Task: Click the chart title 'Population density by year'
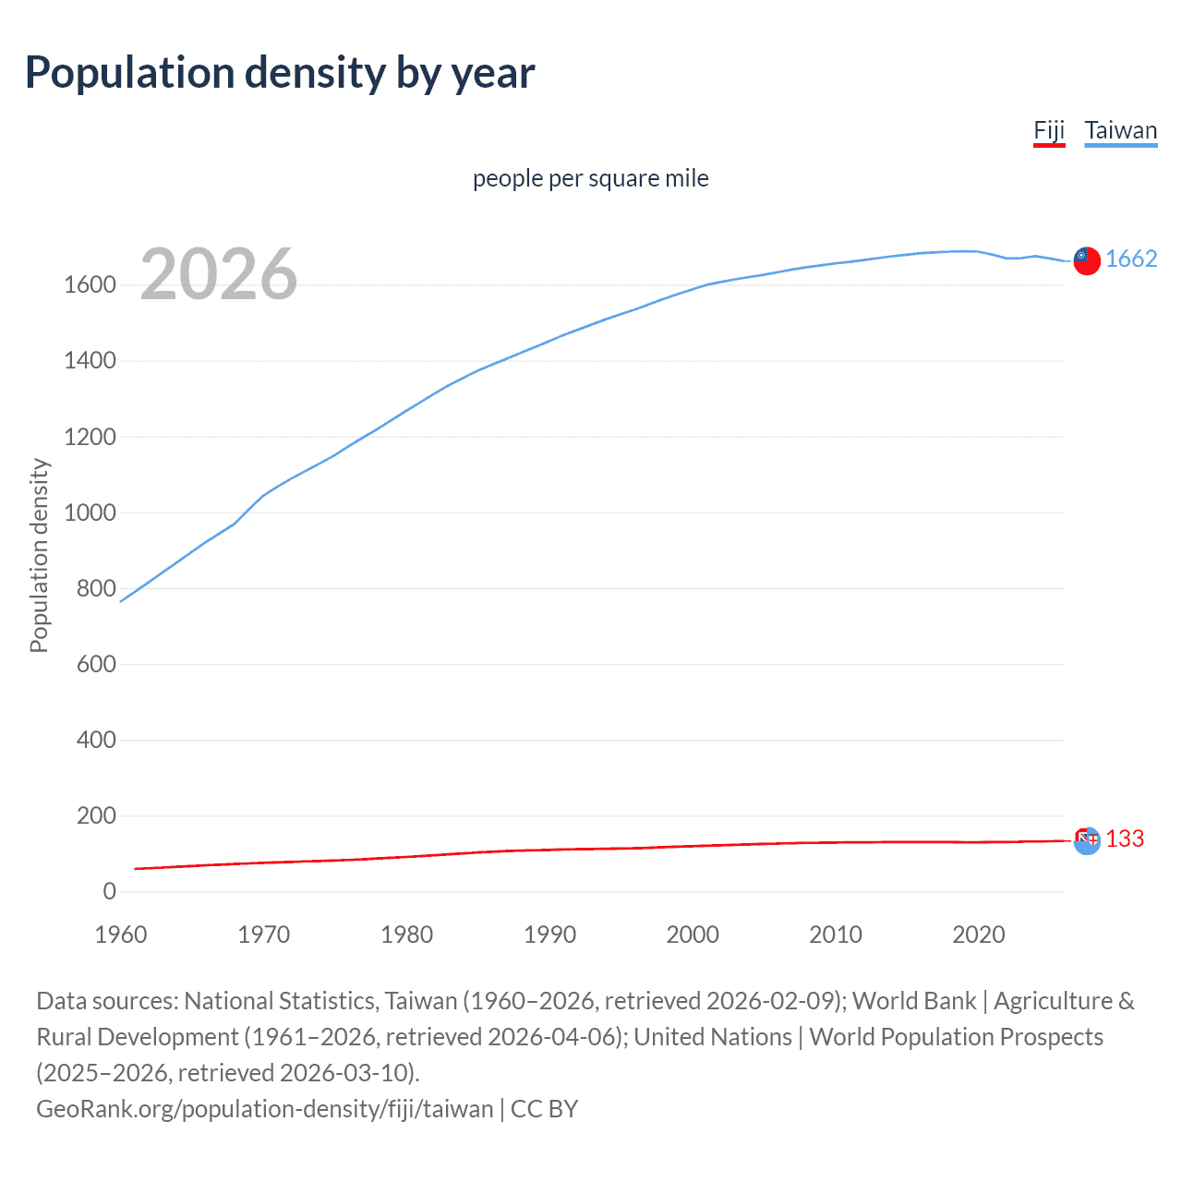[280, 73]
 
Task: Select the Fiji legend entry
[1049, 130]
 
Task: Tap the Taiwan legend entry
[1120, 130]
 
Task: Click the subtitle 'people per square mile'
[590, 178]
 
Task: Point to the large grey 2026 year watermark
[219, 274]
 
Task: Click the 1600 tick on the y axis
[90, 285]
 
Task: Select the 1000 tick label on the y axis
[90, 513]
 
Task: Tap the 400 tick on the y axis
[96, 741]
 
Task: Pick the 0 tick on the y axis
[109, 892]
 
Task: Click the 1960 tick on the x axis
[121, 935]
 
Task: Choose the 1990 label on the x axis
[549, 935]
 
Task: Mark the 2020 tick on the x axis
[978, 935]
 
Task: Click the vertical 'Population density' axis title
[39, 556]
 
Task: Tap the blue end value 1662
[1131, 259]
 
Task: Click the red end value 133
[1125, 838]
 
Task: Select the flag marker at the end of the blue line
[1087, 261]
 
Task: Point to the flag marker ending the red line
[1087, 840]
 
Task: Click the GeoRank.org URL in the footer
[264, 1108]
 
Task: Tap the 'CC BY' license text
[544, 1108]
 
